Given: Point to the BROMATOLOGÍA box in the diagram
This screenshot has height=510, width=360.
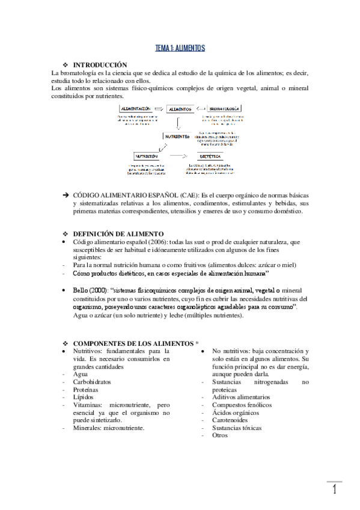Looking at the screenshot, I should click(224, 109).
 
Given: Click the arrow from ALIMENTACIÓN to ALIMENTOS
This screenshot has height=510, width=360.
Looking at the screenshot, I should click(160, 109).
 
